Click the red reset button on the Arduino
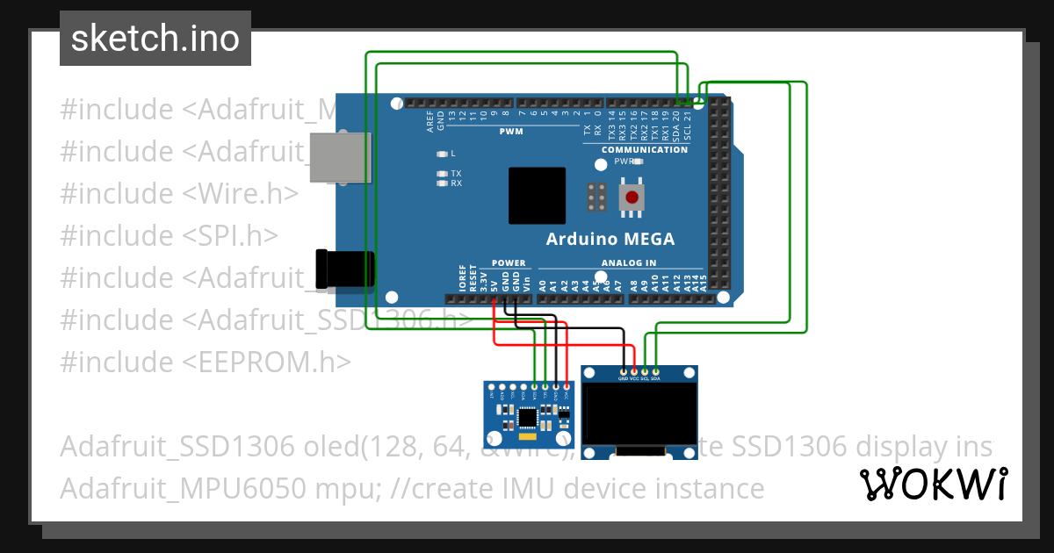631,197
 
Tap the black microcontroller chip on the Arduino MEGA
538,195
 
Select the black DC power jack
344,269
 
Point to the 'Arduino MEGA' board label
610,239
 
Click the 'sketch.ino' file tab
155,39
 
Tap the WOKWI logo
933,483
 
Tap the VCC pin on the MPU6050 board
567,386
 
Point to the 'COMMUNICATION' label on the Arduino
645,150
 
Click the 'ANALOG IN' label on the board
628,262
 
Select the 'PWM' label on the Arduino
511,132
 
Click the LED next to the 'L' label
442,154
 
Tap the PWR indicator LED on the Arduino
638,162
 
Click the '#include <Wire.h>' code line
179,194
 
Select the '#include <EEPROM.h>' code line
206,362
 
